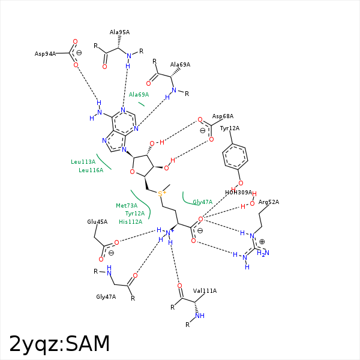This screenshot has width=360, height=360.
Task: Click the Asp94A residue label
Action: pos(45,54)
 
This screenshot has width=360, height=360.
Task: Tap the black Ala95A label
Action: pos(119,32)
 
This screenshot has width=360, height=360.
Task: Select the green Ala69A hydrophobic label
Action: pos(139,95)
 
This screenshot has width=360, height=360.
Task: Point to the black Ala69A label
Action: pos(180,65)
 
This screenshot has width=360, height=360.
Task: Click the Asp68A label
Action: pos(223,116)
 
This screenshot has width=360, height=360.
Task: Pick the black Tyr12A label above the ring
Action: pos(229,128)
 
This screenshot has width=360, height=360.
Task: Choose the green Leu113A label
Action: pos(83,162)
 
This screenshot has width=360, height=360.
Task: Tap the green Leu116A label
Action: pos(91,170)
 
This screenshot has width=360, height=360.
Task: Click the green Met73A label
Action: pos(127,206)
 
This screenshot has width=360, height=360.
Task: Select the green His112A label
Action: pos(131,222)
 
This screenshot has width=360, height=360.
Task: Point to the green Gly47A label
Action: pos(202,202)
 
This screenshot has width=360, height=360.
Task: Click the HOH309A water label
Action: pos(238,193)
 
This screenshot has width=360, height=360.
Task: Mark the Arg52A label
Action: pos(269,202)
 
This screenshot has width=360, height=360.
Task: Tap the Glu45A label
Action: pos(97,222)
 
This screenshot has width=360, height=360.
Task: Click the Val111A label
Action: pos(205,291)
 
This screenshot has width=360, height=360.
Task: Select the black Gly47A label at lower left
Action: pos(106,297)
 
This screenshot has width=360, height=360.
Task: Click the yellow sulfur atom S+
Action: pos(161,193)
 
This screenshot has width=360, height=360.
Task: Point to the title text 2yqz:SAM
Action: pos(59,344)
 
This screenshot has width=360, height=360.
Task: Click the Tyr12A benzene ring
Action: pos(235,157)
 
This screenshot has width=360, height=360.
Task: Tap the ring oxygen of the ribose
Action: pos(133,172)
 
